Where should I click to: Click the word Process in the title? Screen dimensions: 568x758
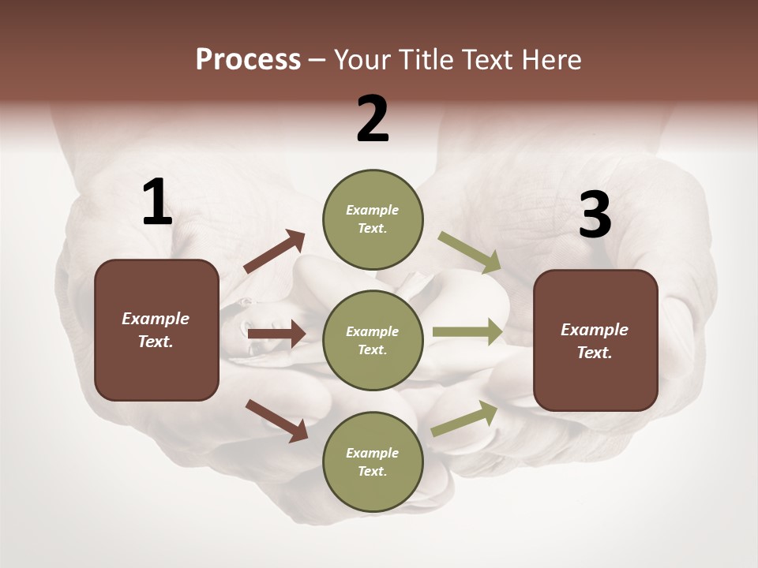[x=248, y=60]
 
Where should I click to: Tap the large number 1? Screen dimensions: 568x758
[x=157, y=203]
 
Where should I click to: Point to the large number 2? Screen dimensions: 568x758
[x=373, y=120]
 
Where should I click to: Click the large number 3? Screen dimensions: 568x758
[x=595, y=215]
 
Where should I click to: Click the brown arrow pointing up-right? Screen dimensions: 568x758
[x=274, y=252]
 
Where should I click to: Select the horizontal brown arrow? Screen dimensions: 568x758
[x=276, y=334]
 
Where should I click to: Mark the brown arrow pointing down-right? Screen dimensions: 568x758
[x=276, y=420]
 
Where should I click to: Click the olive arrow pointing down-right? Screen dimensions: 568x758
[x=469, y=252]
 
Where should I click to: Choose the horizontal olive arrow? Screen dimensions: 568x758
[x=467, y=332]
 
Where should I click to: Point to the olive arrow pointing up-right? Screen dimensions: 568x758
[x=464, y=418]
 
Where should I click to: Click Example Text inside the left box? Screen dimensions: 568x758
[x=156, y=330]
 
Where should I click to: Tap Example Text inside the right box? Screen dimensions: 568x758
[x=595, y=341]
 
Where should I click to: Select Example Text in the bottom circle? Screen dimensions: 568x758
[x=372, y=461]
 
